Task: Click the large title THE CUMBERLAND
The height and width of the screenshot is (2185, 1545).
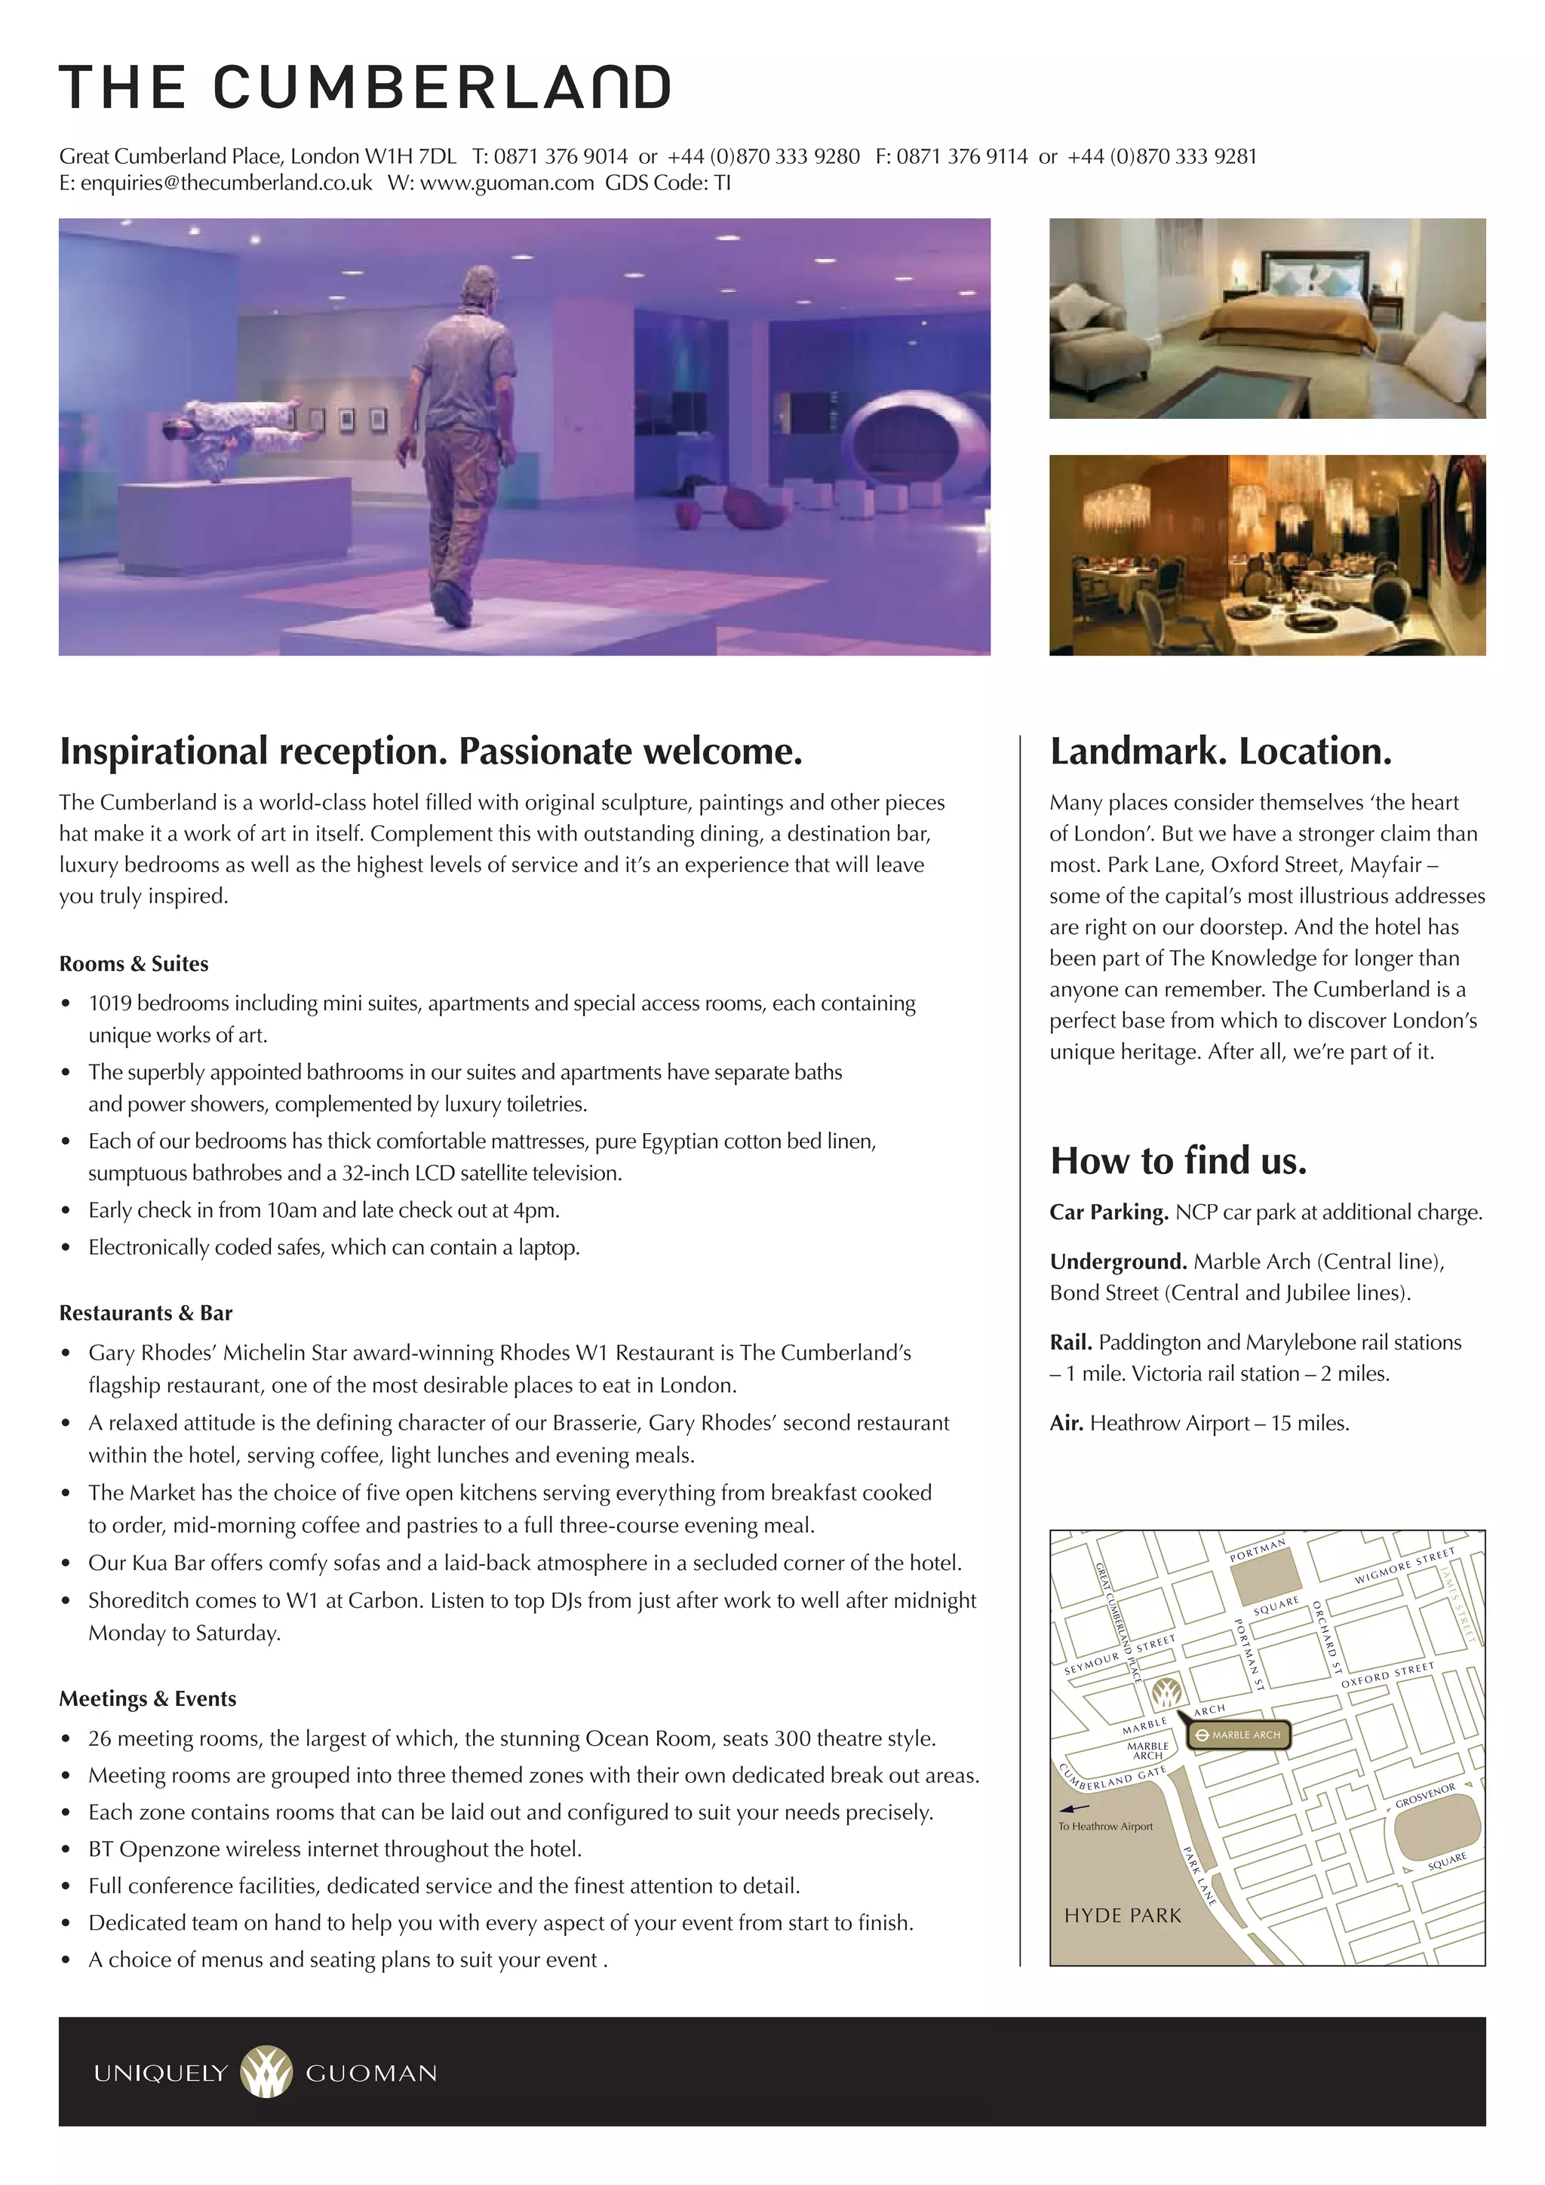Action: click(x=364, y=88)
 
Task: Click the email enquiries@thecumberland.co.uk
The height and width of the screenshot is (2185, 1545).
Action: click(x=226, y=183)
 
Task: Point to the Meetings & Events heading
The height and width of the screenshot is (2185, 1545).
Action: click(x=147, y=1698)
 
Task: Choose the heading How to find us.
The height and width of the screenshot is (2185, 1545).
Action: click(x=1178, y=1160)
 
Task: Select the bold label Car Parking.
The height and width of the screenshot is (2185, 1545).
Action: click(x=1108, y=1212)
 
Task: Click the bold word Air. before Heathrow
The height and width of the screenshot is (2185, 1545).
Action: click(x=1067, y=1423)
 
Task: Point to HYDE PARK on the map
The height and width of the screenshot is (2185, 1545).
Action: click(x=1123, y=1915)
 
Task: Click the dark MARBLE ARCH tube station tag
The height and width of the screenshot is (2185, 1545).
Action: click(x=1239, y=1734)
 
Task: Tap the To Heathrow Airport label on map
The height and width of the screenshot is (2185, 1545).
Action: click(x=1105, y=1826)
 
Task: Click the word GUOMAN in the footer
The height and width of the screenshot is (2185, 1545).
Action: click(x=371, y=2073)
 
